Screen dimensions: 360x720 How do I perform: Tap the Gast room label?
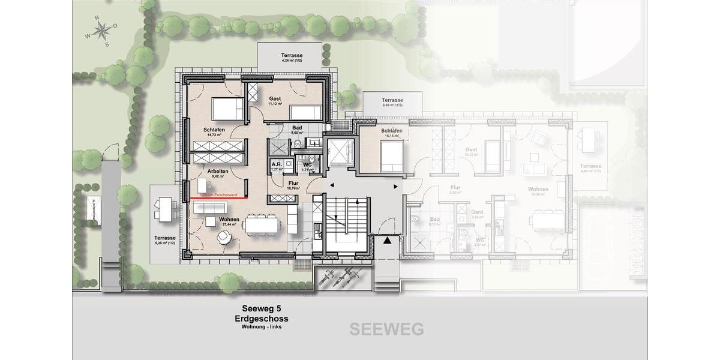coord(275,99)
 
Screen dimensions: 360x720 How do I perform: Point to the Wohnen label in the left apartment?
coord(229,220)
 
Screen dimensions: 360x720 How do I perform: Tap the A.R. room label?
coord(277,164)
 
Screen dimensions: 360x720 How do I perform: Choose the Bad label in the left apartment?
coord(297,128)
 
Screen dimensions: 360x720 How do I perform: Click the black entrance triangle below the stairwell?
coord(388,241)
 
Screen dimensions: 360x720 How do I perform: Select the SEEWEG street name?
coord(386,329)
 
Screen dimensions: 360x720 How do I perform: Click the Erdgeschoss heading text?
coord(262,318)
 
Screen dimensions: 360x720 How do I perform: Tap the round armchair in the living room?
coord(224,238)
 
